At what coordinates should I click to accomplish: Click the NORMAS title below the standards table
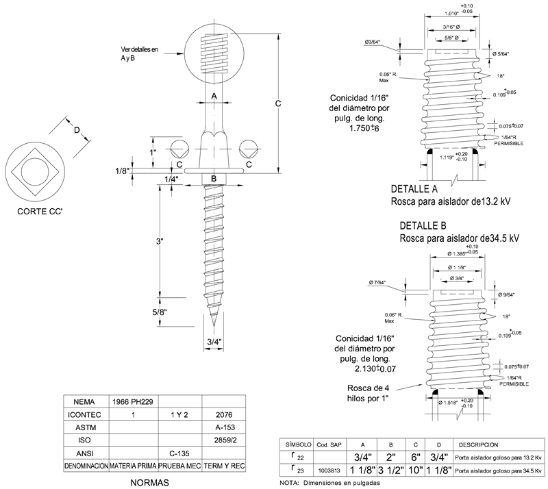click(149, 482)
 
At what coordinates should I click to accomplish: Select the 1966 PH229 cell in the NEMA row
click(134, 401)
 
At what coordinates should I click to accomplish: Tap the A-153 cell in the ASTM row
click(225, 427)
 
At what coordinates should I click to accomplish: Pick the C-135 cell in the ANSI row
click(179, 452)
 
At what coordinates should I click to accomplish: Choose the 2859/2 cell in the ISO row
click(225, 440)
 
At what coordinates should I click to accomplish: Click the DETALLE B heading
click(422, 225)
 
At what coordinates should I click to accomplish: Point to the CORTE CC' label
click(40, 212)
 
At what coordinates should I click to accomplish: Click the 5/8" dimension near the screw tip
click(160, 312)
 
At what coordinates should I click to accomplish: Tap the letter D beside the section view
click(77, 130)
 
